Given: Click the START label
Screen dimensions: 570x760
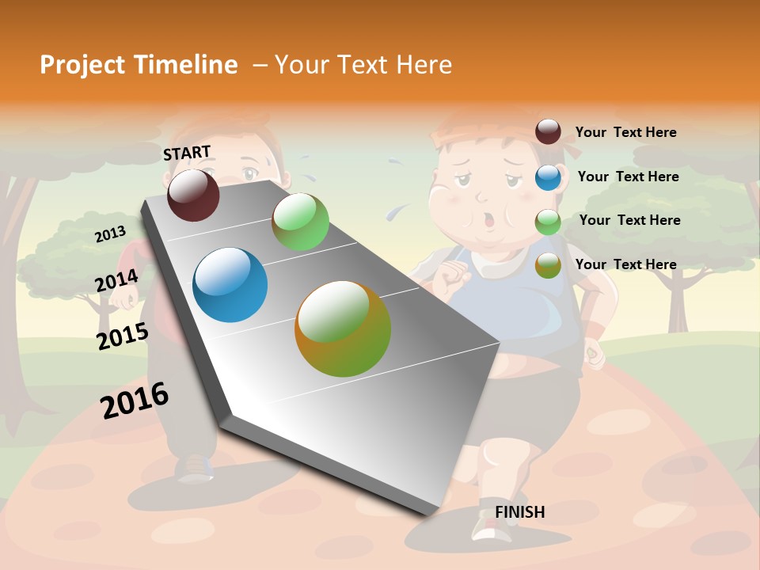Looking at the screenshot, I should pyautogui.click(x=187, y=153).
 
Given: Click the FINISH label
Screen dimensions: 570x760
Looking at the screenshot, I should pyautogui.click(x=519, y=512).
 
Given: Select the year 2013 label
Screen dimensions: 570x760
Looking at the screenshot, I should pyautogui.click(x=110, y=234).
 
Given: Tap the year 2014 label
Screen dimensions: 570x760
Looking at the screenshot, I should pyautogui.click(x=116, y=281).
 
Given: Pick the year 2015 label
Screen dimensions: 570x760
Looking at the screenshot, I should pyautogui.click(x=123, y=336).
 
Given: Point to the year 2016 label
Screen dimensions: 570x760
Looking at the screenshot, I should pyautogui.click(x=135, y=401).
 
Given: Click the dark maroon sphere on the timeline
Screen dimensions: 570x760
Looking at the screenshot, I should pyautogui.click(x=193, y=195).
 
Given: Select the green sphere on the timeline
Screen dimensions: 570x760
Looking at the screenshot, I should pyautogui.click(x=300, y=222).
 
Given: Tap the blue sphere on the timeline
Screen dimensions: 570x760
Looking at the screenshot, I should pyautogui.click(x=230, y=285).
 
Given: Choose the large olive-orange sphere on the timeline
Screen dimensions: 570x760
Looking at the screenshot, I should pyautogui.click(x=343, y=329).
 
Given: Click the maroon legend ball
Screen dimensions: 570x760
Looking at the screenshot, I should pyautogui.click(x=548, y=132).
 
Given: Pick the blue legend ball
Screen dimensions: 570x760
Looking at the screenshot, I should pyautogui.click(x=548, y=177).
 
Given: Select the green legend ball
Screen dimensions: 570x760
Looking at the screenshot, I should pyautogui.click(x=548, y=221).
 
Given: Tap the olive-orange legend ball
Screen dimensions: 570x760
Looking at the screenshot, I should pyautogui.click(x=548, y=265).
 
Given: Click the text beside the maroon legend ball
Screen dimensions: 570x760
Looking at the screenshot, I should pyautogui.click(x=625, y=132).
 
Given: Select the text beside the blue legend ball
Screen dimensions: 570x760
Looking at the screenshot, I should pyautogui.click(x=628, y=177).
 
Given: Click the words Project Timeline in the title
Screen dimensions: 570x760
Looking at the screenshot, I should pyautogui.click(x=139, y=65).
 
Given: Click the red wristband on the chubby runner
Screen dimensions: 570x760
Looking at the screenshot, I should pyautogui.click(x=593, y=329).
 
